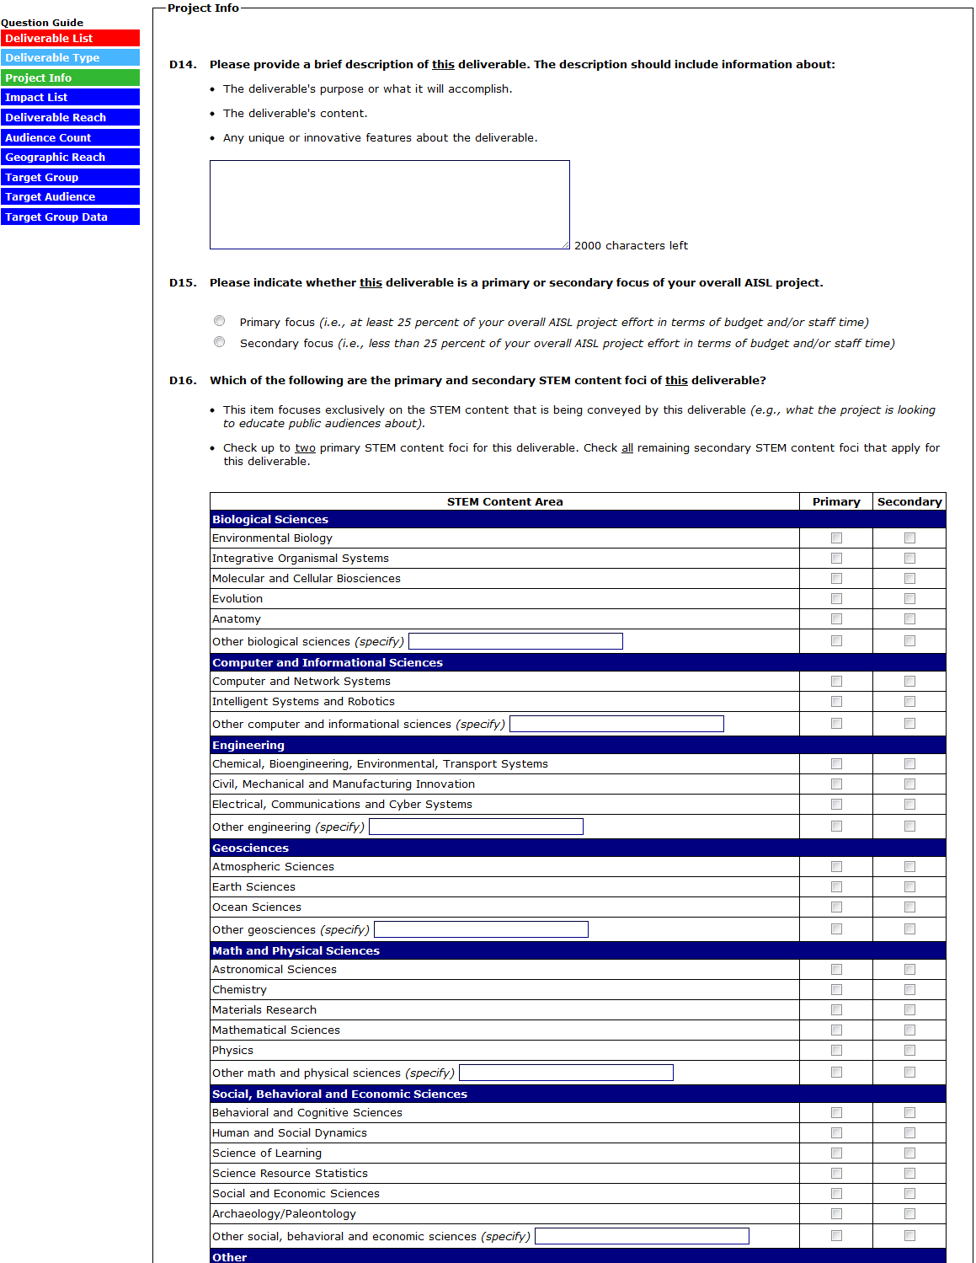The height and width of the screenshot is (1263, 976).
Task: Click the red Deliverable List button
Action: pos(70,38)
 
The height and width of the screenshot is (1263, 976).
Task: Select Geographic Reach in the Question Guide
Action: pos(70,157)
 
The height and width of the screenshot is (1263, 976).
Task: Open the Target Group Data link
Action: pos(70,217)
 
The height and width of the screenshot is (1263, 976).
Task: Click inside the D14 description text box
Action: pos(389,205)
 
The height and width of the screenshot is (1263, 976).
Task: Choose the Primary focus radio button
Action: pos(220,321)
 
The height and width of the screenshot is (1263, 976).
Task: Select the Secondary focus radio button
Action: pos(220,342)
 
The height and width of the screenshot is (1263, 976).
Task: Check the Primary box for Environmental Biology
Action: pos(836,538)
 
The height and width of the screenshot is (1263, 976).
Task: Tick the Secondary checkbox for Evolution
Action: pos(909,599)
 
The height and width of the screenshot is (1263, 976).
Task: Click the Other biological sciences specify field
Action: pos(515,641)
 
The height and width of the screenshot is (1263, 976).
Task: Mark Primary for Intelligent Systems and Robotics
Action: pos(836,702)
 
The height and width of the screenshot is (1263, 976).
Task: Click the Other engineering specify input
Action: pos(476,827)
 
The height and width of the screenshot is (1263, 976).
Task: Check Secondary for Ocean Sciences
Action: pos(909,907)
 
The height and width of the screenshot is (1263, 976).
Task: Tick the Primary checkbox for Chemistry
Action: pos(836,990)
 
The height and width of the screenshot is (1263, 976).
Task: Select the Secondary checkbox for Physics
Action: pos(909,1051)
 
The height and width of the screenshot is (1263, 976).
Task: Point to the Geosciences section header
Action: pos(250,848)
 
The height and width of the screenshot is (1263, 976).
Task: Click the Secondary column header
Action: pos(909,501)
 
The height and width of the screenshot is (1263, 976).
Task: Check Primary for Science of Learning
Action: pos(836,1153)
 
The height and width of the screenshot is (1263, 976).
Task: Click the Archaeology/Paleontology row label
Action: pos(284,1213)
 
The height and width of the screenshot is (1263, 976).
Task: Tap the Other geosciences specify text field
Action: pos(481,929)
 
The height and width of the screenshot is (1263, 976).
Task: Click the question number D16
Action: pos(183,381)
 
